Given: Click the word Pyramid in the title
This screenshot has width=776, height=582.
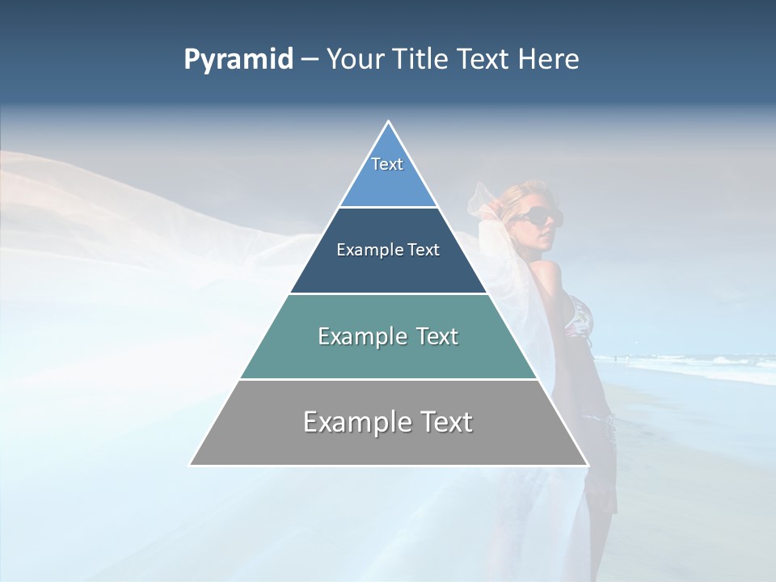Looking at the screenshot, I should pos(238,60).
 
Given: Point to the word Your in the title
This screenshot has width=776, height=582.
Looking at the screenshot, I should pos(353,60).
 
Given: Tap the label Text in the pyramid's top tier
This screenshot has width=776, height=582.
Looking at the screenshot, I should pos(387,164).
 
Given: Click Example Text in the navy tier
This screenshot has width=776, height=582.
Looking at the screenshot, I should pos(388,250).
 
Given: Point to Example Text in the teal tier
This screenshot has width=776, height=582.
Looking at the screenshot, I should pos(388,336).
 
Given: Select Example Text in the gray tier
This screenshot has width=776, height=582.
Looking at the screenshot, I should pos(388,422).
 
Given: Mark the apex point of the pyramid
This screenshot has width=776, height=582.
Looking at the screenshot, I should pos(389,121).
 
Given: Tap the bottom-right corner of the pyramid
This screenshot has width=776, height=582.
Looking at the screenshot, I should pos(588,465).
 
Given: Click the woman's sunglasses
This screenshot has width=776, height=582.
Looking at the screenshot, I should pos(534,216).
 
